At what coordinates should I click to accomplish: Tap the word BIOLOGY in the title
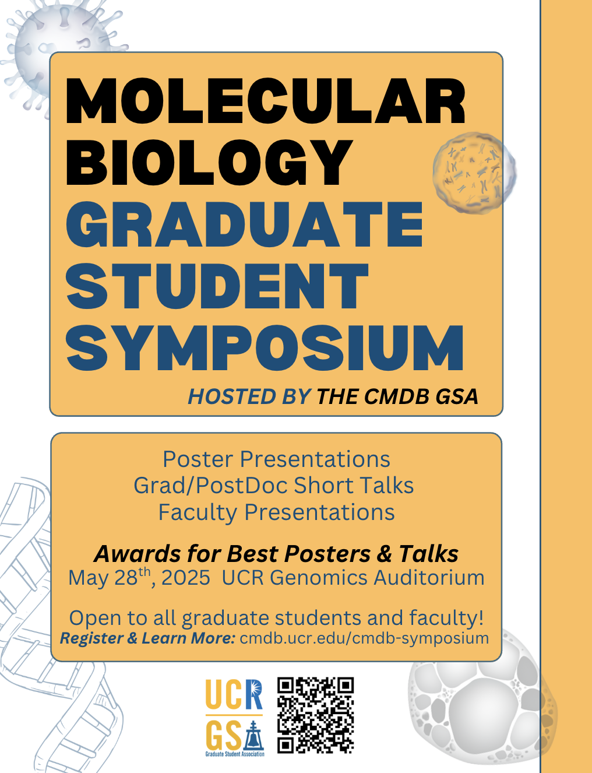click(209, 163)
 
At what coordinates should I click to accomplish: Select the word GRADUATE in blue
click(245, 224)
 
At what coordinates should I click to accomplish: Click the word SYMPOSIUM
click(265, 347)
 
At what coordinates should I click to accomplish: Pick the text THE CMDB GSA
click(397, 396)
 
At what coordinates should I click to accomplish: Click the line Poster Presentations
click(276, 459)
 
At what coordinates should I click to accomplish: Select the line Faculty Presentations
click(276, 512)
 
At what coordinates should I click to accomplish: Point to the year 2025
click(185, 578)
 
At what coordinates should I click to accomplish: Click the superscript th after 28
click(145, 572)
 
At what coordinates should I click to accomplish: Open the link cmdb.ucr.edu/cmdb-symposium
click(364, 638)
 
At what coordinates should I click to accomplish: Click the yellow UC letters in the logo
click(223, 694)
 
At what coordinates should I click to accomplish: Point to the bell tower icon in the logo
click(253, 735)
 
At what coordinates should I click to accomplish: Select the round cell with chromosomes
click(474, 173)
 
